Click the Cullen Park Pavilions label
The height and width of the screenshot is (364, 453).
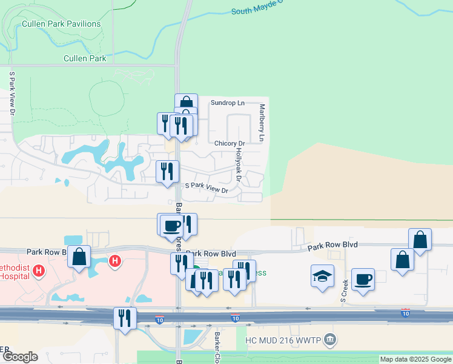61,24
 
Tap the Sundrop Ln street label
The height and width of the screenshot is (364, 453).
227,103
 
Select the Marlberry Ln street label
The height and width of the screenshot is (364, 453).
262,123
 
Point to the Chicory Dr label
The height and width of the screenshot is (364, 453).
229,143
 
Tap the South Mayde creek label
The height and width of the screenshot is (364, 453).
257,11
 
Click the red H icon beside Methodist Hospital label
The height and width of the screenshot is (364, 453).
39,270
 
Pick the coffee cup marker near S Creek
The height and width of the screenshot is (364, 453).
363,279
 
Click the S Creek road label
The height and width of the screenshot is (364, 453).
343,291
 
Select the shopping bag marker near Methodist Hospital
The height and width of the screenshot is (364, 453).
79,257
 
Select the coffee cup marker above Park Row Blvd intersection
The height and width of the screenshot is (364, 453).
172,225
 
